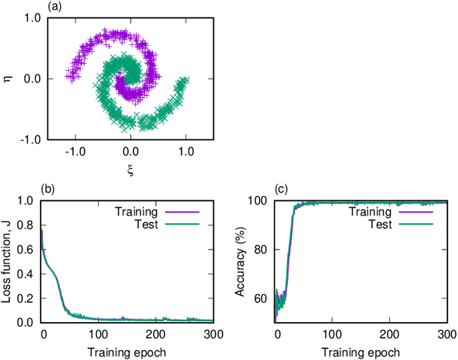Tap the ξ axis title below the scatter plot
[130, 170]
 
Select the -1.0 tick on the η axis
[29, 139]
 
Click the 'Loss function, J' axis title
[8, 261]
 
